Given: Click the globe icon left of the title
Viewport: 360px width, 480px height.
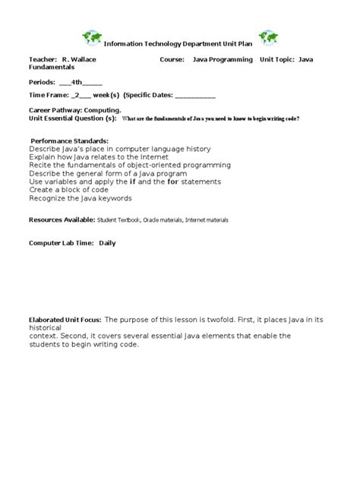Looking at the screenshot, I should click(x=93, y=38).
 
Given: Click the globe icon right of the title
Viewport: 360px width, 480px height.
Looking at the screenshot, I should click(x=268, y=38).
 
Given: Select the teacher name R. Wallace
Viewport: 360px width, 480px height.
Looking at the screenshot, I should click(x=79, y=59).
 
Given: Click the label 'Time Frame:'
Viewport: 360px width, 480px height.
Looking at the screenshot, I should click(x=47, y=96).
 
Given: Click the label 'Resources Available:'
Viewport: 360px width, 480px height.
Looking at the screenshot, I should click(x=62, y=219).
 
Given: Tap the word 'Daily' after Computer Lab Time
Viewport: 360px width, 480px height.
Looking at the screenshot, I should click(x=107, y=243).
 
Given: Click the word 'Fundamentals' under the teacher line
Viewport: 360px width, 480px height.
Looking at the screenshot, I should click(x=52, y=67).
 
